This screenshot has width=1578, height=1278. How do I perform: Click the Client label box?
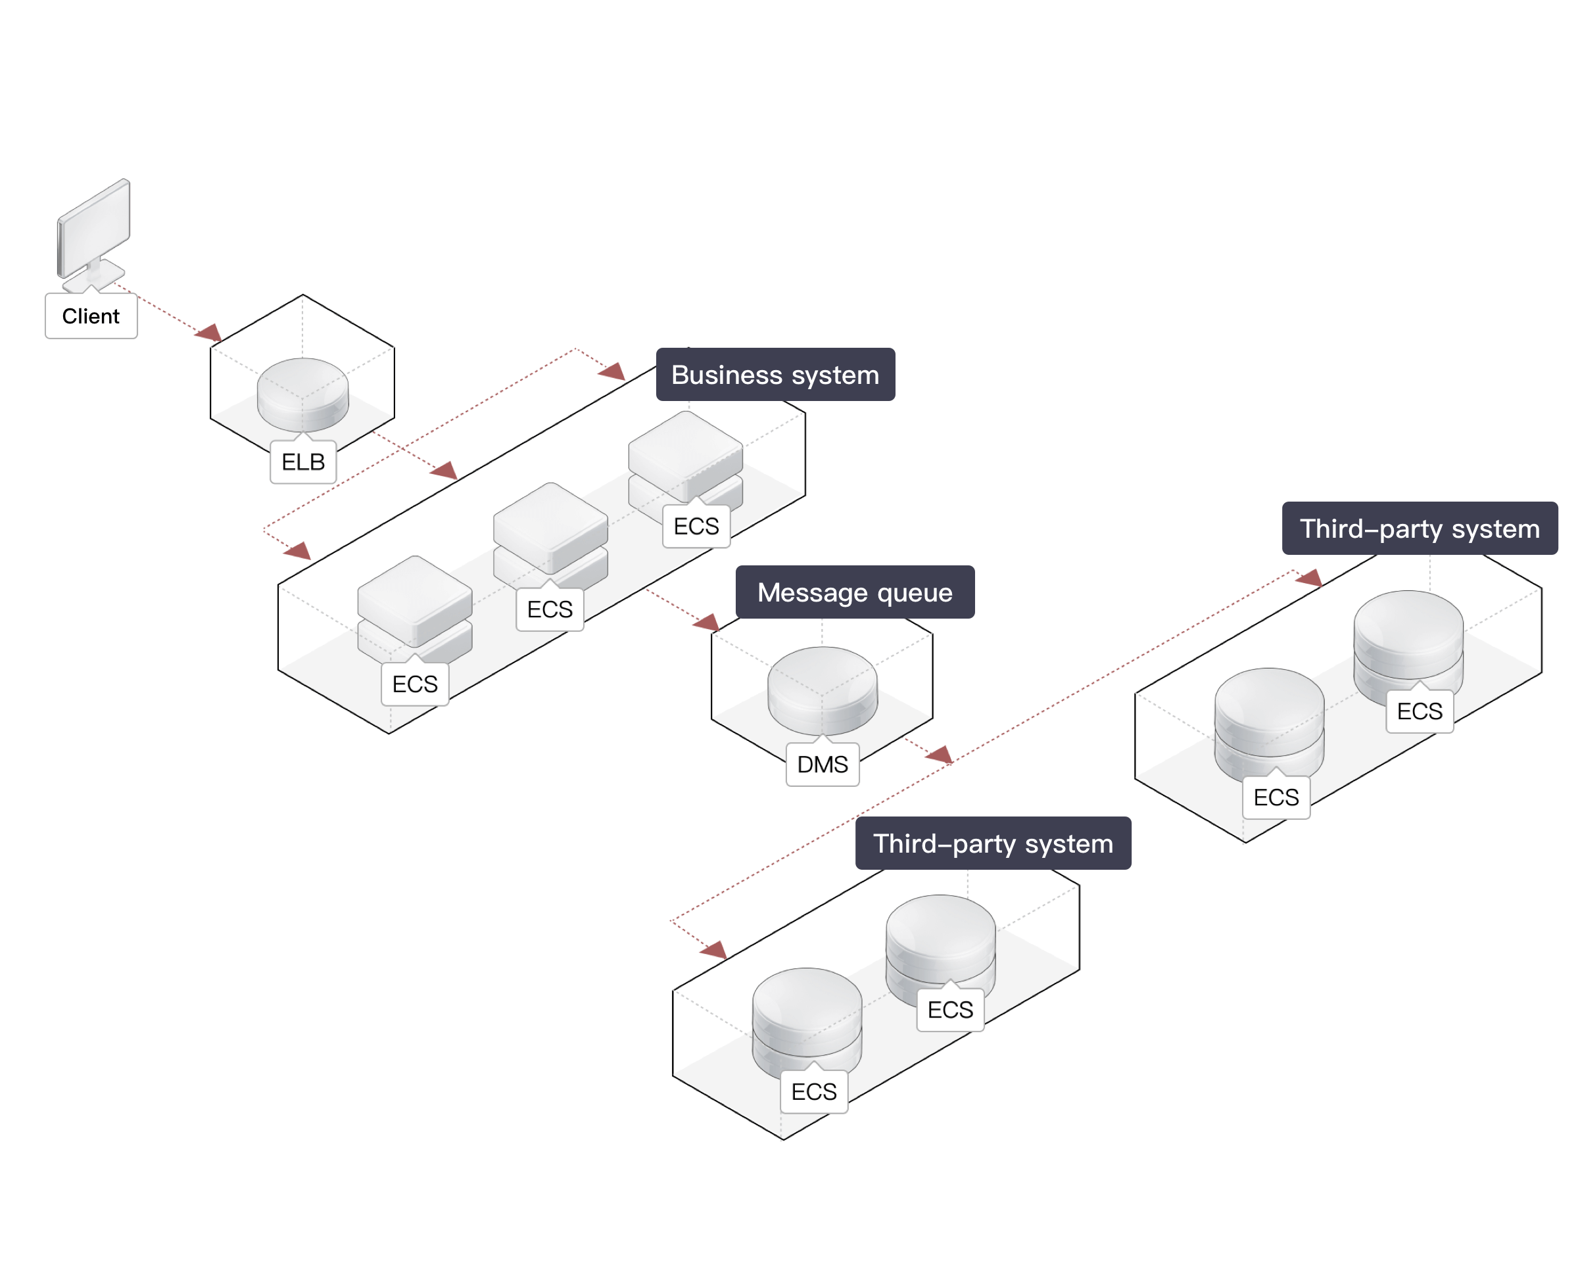pyautogui.click(x=91, y=317)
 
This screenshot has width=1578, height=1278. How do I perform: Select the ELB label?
pyautogui.click(x=302, y=462)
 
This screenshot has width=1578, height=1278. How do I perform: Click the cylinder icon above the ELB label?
pyautogui.click(x=302, y=394)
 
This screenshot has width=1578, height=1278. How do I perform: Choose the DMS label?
pyautogui.click(x=823, y=765)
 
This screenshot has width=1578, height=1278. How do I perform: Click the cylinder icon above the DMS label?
pyautogui.click(x=823, y=690)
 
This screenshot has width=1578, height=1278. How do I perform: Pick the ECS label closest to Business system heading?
pyautogui.click(x=696, y=527)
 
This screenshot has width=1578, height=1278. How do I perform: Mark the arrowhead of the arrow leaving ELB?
pyautogui.click(x=444, y=471)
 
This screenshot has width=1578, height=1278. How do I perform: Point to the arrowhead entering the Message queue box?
pyautogui.click(x=707, y=623)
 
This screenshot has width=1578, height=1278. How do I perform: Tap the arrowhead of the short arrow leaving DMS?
pyautogui.click(x=940, y=755)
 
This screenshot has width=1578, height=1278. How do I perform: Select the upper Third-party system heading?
pyautogui.click(x=1419, y=529)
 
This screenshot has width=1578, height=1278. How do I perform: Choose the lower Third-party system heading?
pyautogui.click(x=993, y=843)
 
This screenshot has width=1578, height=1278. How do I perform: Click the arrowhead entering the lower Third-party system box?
pyautogui.click(x=714, y=951)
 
